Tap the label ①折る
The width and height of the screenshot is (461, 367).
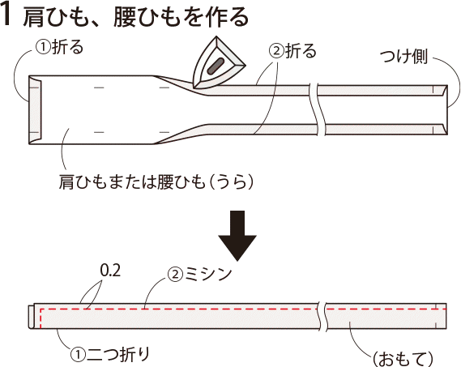click(60, 47)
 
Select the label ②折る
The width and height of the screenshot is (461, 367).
click(292, 51)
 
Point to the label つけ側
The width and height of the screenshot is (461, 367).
click(403, 57)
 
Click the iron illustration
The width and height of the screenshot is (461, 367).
click(218, 62)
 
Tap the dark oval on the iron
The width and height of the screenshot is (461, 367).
click(216, 66)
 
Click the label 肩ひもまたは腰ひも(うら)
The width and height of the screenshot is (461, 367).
click(156, 181)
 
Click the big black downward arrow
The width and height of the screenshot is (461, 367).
click(237, 236)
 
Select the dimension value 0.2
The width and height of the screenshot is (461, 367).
click(110, 271)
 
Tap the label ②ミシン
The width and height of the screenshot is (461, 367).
click(200, 274)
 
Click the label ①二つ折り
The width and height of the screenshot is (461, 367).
click(109, 354)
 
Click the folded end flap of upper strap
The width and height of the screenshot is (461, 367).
click(35, 109)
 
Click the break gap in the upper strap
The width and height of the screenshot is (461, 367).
click(321, 109)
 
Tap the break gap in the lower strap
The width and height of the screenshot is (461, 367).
click(322, 316)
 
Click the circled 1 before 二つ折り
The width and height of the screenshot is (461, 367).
click(78, 355)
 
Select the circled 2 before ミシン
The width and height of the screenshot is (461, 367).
click(175, 275)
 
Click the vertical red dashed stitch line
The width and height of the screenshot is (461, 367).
click(41, 318)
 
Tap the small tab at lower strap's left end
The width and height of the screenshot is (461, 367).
click(31, 317)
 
